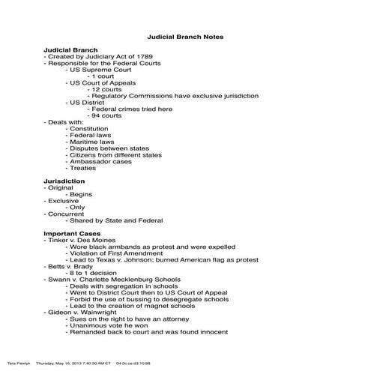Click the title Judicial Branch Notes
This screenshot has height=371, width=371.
click(184, 36)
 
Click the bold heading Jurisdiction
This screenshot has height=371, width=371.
click(64, 181)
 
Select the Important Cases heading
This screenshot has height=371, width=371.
click(73, 233)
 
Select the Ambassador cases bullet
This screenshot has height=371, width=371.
click(100, 161)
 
